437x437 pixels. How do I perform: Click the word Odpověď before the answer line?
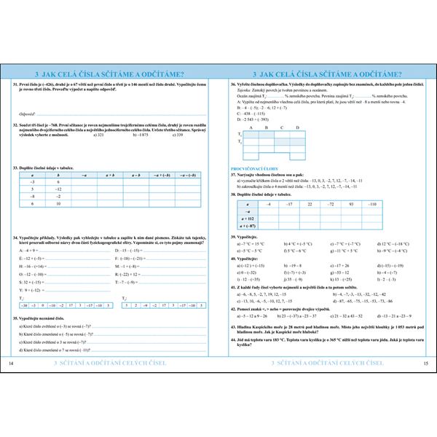tap(28, 114)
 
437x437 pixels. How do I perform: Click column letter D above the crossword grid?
tap(298, 127)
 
